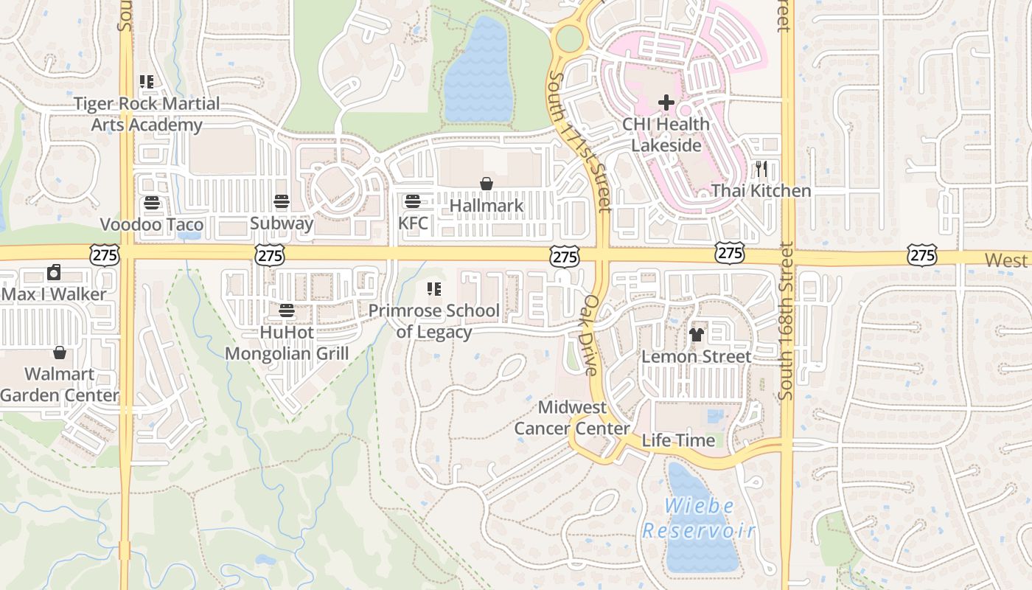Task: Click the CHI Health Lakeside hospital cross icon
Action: pyautogui.click(x=666, y=103)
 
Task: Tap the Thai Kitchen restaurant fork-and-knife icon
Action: pyautogui.click(x=761, y=169)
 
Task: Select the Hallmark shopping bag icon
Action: pyautogui.click(x=487, y=184)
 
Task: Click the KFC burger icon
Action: pyautogui.click(x=413, y=201)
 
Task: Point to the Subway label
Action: pyautogui.click(x=282, y=223)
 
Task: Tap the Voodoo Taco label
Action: pyautogui.click(x=152, y=224)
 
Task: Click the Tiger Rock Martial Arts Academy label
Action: pyautogui.click(x=147, y=114)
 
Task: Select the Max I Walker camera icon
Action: pyautogui.click(x=54, y=273)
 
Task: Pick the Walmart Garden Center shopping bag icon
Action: pyautogui.click(x=60, y=353)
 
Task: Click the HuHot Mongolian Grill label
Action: pyautogui.click(x=287, y=343)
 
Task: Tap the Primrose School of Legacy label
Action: pyautogui.click(x=434, y=321)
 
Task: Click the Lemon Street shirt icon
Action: pyautogui.click(x=697, y=335)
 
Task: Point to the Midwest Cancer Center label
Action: pyautogui.click(x=572, y=417)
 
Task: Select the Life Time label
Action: pyautogui.click(x=678, y=440)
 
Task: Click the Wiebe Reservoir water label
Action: pyautogui.click(x=699, y=518)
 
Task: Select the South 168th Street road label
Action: pyautogui.click(x=786, y=322)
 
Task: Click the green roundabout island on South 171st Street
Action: pyautogui.click(x=569, y=38)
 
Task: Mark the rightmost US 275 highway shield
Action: pyautogui.click(x=922, y=255)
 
